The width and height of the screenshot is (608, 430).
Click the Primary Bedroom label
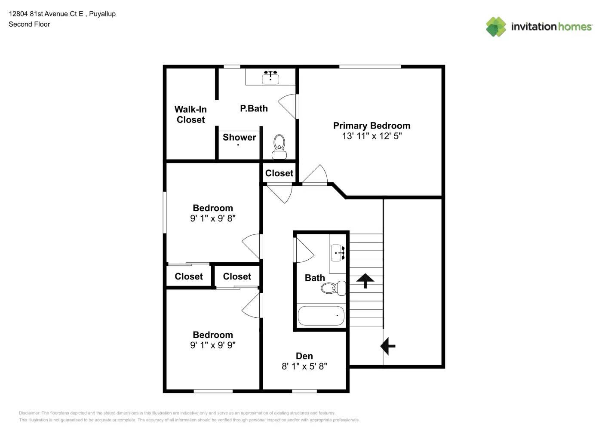click(372, 126)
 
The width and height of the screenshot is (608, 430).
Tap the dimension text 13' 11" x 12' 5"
click(372, 136)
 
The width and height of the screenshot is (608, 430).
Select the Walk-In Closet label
click(190, 114)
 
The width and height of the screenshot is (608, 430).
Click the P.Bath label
click(254, 108)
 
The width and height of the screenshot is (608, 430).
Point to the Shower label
click(239, 137)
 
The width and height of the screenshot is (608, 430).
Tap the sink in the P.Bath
click(270, 78)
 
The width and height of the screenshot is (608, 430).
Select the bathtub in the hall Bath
click(321, 316)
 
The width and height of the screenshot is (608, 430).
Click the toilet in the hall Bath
click(333, 288)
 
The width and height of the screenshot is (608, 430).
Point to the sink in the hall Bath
click(338, 253)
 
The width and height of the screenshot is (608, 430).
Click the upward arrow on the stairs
click(365, 280)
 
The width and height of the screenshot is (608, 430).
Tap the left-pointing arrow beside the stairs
click(388, 346)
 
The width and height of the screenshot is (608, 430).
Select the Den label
click(304, 356)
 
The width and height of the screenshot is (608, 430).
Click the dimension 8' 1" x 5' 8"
click(304, 366)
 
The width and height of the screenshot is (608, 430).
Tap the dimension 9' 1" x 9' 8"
click(212, 218)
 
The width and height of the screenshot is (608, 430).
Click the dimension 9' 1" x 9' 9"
click(212, 345)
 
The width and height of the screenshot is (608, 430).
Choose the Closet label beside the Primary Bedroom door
click(279, 173)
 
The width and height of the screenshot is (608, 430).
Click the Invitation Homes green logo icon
click(496, 27)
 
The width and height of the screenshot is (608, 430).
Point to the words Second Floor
click(29, 24)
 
